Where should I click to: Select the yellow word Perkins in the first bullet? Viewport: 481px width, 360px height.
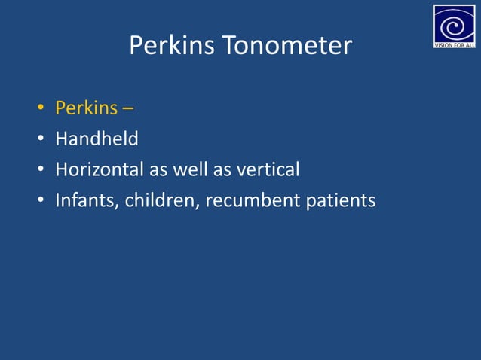pos(86,108)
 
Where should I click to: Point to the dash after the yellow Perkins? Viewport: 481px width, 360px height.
pos(128,109)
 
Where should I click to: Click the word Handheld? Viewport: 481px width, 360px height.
pos(97,139)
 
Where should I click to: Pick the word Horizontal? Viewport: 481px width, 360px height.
pos(100,170)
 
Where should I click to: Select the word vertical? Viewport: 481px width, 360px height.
pos(268,170)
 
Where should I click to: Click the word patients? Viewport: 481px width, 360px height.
pos(341,201)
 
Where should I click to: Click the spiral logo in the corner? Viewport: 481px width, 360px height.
pos(454,23)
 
